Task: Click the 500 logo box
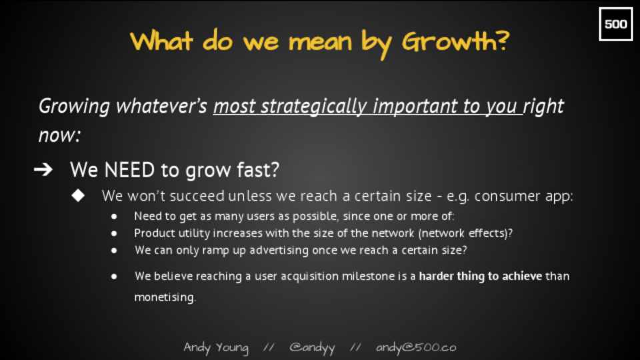point(615,24)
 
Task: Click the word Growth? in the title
point(455,41)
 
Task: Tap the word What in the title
point(161,41)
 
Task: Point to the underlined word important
point(414,107)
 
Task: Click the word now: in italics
point(59,135)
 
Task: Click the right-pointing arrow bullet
point(43,169)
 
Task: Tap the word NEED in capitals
point(129,170)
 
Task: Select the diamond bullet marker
point(78,195)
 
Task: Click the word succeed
point(197,196)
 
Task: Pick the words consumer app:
point(523,197)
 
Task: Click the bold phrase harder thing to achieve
point(481,276)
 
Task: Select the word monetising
point(165,297)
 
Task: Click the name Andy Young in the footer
point(216,348)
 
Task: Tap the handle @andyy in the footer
point(312,348)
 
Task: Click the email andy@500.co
point(416,347)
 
